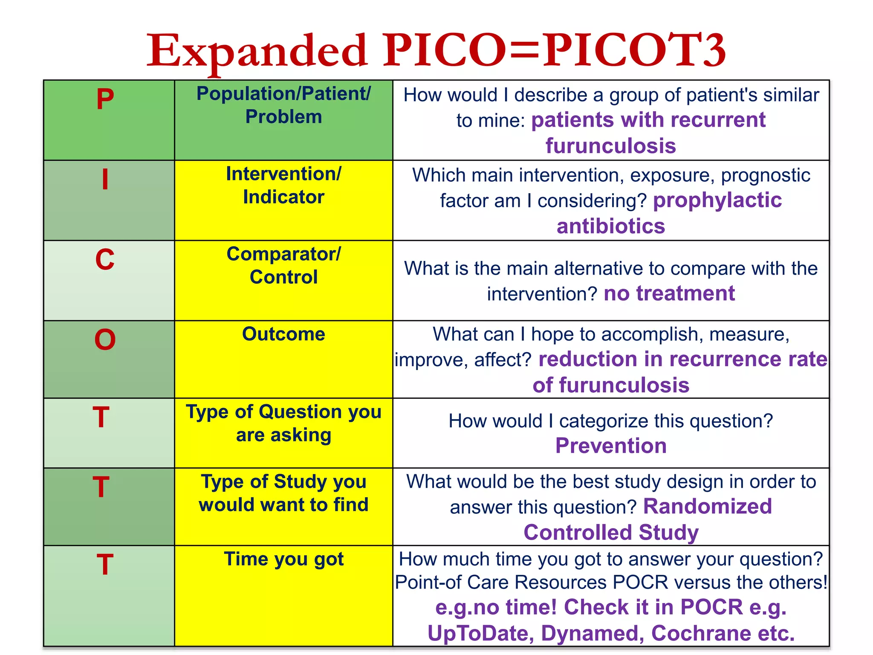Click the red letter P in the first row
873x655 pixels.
[x=105, y=99]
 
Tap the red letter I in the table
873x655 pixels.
[x=105, y=180]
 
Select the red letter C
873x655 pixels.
[x=105, y=259]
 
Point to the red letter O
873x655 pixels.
[x=105, y=340]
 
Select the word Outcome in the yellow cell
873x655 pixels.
[x=283, y=334]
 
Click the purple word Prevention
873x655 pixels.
[x=610, y=446]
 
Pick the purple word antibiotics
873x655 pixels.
[x=610, y=226]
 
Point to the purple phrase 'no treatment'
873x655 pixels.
[x=669, y=293]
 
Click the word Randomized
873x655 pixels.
[x=707, y=507]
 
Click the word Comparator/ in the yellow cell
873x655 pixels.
[x=283, y=254]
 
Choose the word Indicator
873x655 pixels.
[x=283, y=197]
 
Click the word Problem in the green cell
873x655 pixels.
[x=283, y=117]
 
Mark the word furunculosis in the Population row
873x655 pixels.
[x=610, y=146]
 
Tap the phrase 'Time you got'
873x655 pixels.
[x=283, y=559]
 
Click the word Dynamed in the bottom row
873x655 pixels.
[x=592, y=633]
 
